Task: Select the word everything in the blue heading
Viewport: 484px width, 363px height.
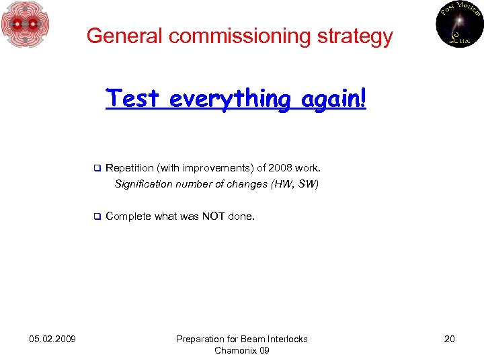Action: pos(229,99)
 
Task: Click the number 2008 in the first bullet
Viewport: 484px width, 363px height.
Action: pos(280,168)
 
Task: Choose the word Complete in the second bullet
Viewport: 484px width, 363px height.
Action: pos(128,216)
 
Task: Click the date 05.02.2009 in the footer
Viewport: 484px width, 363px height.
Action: pos(52,339)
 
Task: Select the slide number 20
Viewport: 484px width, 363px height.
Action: pos(449,339)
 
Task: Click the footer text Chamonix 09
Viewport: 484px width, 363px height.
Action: pos(241,350)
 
